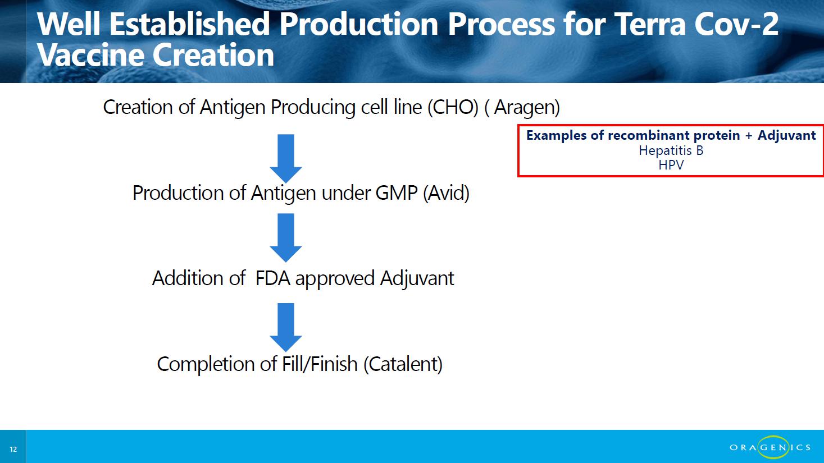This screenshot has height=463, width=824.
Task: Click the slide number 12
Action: point(13,449)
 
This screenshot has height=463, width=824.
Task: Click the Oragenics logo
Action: point(770,447)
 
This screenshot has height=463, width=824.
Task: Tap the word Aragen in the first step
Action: point(526,108)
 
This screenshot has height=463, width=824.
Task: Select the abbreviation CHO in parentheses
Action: point(453,107)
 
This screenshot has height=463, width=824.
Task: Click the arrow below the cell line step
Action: point(286,159)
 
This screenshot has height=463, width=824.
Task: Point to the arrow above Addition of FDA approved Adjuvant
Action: point(286,238)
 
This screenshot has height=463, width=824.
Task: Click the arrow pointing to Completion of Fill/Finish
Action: point(286,327)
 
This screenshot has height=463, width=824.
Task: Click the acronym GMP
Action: point(397,193)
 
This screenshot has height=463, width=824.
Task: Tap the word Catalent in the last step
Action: point(403,364)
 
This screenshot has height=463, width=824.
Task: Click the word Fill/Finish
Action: point(320,364)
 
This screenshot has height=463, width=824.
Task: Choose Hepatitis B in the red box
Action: point(671,150)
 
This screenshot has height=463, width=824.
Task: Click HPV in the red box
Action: point(671,165)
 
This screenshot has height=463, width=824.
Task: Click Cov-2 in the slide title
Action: point(736,24)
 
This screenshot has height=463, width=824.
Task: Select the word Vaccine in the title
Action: point(90,55)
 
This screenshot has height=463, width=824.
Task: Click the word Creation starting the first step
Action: point(138,107)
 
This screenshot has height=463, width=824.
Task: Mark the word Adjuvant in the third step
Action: point(417,278)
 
